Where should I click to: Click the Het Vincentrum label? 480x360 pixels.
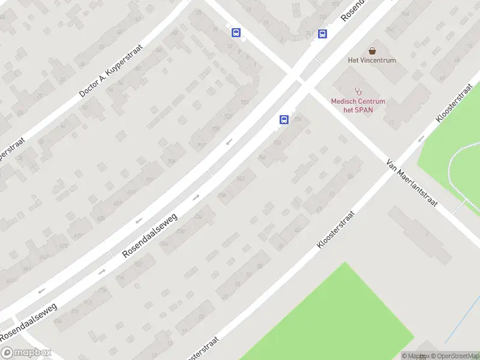pos(372,60)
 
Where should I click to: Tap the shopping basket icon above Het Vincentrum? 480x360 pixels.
pos(372,50)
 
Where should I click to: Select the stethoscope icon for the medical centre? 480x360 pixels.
pos(359,91)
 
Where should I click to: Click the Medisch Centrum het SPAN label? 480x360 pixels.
pos(358,105)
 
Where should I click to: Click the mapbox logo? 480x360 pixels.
pos(26,353)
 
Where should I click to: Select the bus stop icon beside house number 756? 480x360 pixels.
pos(283,119)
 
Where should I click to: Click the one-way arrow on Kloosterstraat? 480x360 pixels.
pos(421,139)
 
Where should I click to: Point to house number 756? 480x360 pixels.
pos(298,118)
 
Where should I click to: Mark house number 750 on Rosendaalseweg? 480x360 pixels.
pos(277,142)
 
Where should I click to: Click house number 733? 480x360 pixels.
pos(244,103)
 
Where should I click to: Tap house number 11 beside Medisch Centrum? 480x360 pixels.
pos(391,122)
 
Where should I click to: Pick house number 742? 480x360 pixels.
pos(241,179)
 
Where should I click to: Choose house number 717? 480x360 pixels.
pos(200,145)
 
